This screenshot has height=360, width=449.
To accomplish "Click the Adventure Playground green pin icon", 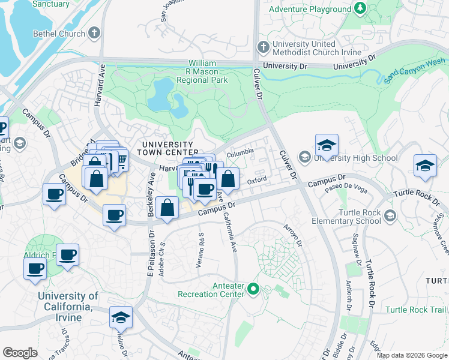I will click(360, 8).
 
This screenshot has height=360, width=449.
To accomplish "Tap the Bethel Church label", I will click(59, 34).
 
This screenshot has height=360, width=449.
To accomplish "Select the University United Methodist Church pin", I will click(262, 47).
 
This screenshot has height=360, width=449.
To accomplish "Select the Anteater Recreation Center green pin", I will click(253, 290).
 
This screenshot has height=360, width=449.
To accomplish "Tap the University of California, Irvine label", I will click(68, 301).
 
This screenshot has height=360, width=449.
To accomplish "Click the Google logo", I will click(20, 353).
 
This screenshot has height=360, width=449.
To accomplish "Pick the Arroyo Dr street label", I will click(295, 235).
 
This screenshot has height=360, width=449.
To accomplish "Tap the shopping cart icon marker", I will click(121, 159).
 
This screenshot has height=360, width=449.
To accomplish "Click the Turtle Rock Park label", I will click(416, 310).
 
